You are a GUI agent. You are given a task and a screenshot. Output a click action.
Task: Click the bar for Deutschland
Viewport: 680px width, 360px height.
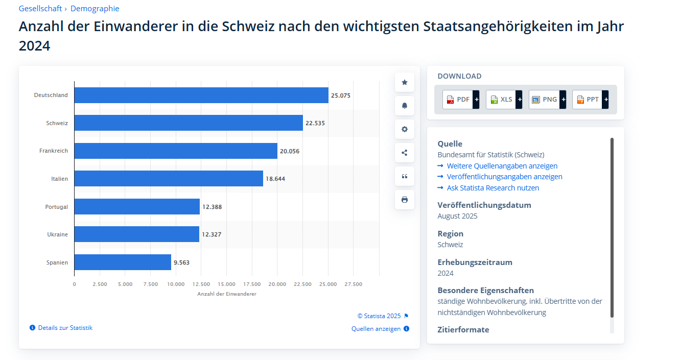point(201,95)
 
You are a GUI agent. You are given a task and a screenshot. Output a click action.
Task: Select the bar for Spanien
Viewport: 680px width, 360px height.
point(123,262)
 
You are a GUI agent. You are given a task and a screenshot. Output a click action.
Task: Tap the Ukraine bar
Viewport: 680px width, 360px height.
point(136,234)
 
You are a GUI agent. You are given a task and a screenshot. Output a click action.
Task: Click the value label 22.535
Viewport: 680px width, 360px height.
point(315,123)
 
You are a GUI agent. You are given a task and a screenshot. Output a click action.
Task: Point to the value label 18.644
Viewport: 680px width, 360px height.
point(275,179)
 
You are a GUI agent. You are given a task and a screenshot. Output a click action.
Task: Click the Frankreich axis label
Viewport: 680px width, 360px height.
point(54,151)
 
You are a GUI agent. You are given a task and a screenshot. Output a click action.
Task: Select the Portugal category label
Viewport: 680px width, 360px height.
point(56,207)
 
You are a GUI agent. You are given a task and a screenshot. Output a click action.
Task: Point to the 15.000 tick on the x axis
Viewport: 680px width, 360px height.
point(226,284)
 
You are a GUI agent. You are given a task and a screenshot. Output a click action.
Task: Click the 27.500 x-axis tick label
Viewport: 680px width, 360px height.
point(353,284)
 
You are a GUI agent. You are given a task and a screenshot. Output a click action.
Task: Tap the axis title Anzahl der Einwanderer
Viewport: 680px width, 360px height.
point(227,294)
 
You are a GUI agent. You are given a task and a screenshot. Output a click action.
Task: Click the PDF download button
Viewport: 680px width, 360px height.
point(458,100)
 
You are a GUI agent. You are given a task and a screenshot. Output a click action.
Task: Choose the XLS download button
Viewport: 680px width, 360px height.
point(501,100)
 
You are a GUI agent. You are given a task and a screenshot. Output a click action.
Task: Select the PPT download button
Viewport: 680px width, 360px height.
point(587,100)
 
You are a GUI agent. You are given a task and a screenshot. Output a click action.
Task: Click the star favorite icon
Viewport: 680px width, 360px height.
point(405,82)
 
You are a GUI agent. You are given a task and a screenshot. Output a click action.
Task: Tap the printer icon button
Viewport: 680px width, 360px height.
point(405,200)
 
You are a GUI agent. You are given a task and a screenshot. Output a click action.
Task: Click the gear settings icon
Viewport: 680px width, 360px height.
point(405,129)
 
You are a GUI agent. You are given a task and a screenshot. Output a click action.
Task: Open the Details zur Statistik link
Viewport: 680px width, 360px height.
point(65,328)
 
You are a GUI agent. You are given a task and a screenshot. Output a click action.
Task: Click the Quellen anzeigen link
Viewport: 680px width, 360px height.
point(376,329)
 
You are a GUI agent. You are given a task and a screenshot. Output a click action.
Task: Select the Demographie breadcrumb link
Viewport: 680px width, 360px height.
point(95,9)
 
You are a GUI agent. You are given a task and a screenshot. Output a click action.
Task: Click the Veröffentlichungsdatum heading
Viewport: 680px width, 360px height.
point(484,205)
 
